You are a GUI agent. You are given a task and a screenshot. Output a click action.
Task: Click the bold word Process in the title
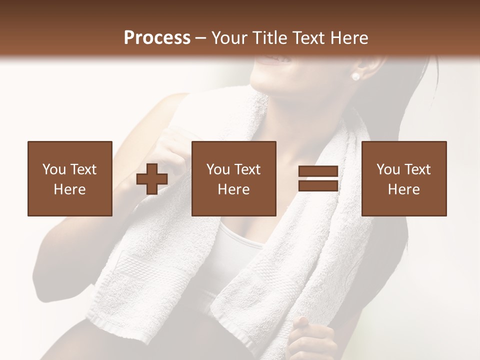coord(157,38)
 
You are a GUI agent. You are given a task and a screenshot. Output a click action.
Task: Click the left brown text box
coord(70,178)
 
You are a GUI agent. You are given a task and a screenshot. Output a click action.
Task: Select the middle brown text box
coord(233,178)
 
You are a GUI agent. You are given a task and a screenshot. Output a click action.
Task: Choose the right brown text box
coord(403,178)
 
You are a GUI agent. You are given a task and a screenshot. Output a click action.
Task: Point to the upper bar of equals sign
coord(318,171)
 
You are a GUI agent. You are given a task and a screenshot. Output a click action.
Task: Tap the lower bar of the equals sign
coord(318,186)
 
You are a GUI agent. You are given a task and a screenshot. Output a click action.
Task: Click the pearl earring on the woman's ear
coord(356,76)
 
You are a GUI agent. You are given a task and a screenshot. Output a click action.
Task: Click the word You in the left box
coord(54,169)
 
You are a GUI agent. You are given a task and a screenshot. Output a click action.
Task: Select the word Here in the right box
coord(403,189)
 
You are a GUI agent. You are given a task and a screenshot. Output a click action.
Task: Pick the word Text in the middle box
coord(247,169)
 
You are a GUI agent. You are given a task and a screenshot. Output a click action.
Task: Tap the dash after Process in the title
coord(201,38)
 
